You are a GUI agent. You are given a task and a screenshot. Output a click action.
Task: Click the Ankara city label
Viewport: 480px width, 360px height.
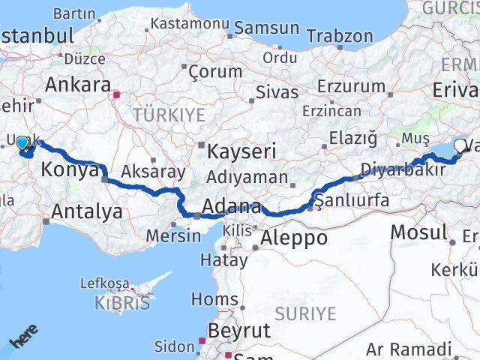78,85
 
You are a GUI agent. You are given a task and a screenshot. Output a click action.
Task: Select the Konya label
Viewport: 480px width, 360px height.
70,171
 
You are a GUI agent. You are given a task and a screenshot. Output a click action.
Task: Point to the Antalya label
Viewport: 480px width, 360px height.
87,212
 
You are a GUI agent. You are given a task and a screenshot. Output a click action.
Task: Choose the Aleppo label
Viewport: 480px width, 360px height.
294,238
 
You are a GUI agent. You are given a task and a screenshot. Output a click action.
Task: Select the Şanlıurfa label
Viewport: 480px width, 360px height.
352,200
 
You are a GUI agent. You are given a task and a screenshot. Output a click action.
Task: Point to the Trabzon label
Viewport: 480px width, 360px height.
340,36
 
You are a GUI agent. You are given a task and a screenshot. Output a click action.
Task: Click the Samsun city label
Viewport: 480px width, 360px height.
266,28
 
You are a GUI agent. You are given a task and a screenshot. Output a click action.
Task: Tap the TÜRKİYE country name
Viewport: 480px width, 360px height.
169,115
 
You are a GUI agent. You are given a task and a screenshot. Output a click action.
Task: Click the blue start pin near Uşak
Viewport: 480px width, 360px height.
22,143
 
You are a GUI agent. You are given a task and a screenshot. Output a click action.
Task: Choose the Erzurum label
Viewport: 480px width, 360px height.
351,86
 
